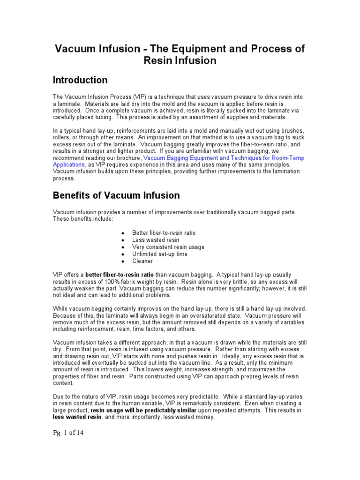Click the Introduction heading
click(x=80, y=80)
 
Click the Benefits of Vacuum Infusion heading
click(x=116, y=195)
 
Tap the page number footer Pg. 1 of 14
click(x=67, y=433)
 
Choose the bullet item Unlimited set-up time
click(x=160, y=254)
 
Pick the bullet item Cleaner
click(x=142, y=261)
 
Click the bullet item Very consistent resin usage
click(x=168, y=247)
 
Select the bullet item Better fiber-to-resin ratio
click(x=164, y=233)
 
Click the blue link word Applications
click(x=68, y=165)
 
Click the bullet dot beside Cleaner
click(x=122, y=262)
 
